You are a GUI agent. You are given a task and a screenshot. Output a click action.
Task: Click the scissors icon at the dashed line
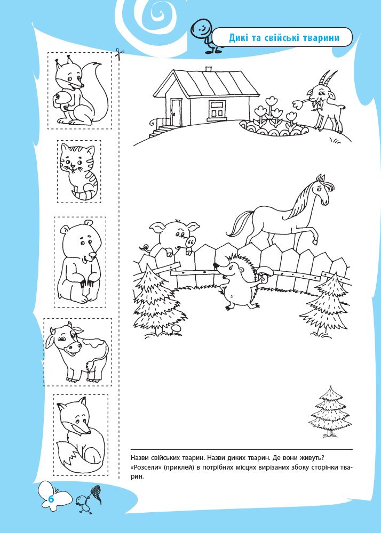tap(120, 53)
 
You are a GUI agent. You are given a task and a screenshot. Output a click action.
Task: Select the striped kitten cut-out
tap(79, 171)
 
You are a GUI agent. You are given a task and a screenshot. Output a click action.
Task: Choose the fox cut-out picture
tap(80, 435)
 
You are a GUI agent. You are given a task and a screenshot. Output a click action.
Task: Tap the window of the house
tap(216, 109)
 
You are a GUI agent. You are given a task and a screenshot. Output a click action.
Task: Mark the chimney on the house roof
tap(209, 69)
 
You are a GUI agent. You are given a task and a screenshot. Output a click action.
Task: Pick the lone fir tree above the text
tap(329, 411)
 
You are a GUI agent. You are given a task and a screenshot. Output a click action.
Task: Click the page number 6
tap(51, 499)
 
